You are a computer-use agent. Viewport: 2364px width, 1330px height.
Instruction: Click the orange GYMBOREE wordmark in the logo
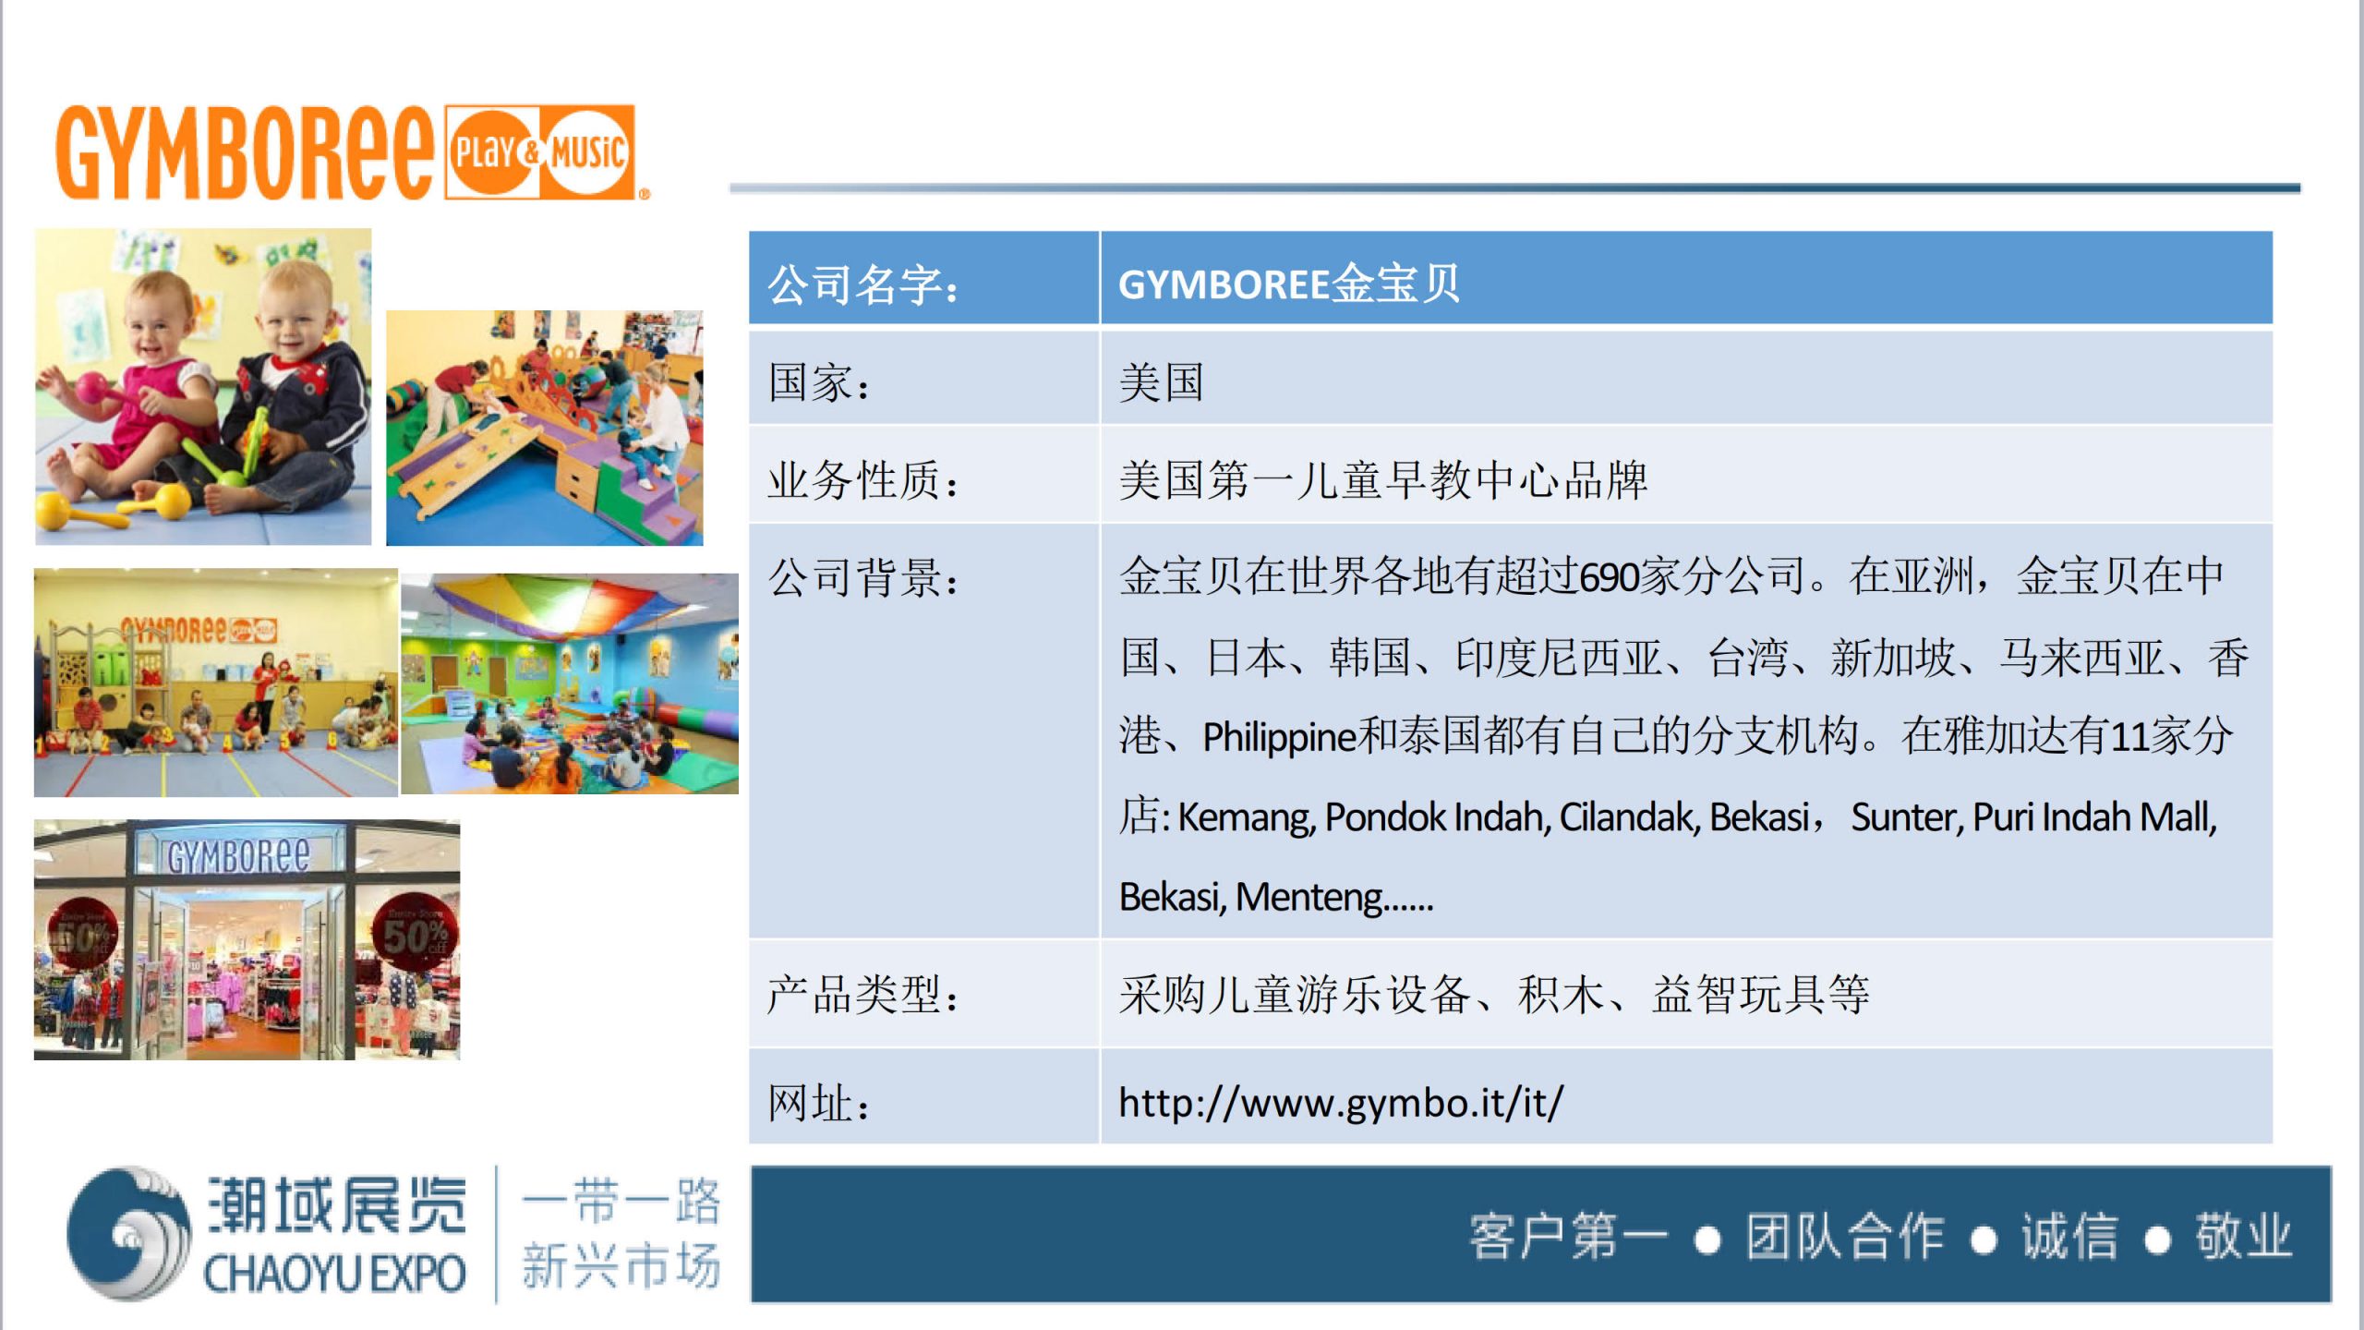coord(245,152)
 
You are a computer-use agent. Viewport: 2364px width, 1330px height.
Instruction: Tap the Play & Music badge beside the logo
coord(540,152)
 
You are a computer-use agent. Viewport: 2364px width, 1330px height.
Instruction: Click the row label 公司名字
coord(863,284)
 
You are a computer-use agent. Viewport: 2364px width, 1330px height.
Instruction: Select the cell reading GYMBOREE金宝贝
coord(1289,284)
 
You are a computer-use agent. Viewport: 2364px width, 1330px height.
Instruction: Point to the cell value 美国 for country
coord(1162,382)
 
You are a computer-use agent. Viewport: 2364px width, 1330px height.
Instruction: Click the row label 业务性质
coord(863,480)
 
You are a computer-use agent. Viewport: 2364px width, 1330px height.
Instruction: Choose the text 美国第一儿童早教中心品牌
coord(1383,480)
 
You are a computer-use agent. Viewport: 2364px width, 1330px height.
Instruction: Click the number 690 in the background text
coord(1608,577)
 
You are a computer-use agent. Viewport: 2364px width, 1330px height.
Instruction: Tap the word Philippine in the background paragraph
coord(1279,737)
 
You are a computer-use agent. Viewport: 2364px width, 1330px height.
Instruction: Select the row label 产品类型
coord(863,995)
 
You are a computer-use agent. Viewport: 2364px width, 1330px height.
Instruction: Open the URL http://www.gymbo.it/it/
coord(1341,1103)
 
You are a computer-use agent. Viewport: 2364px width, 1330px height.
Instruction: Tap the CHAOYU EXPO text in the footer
coord(334,1274)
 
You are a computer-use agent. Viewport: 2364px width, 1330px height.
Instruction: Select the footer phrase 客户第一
coord(1569,1237)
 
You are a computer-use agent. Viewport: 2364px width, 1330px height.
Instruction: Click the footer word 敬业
coord(2244,1237)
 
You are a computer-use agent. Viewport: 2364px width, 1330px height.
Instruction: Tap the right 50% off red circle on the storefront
coord(413,932)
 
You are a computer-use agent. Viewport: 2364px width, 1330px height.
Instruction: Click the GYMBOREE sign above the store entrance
coord(238,855)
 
